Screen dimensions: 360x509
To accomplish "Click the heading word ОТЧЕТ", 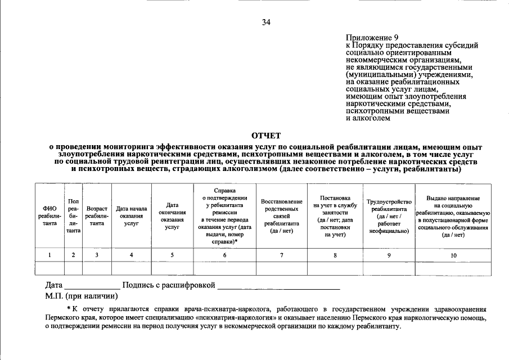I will [x=265, y=135].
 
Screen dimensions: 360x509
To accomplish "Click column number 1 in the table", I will [x=49, y=255].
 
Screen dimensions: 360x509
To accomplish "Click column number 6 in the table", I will [x=224, y=255].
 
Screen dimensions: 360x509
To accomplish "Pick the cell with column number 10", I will [x=453, y=255].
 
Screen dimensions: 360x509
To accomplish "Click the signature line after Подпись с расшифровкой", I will [x=279, y=287].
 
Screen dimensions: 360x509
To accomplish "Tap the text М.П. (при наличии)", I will [x=82, y=296].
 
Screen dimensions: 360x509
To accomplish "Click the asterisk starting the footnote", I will [x=69, y=308].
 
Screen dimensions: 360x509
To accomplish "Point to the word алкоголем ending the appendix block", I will [x=367, y=118].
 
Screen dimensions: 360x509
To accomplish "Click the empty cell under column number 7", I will [x=282, y=268].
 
